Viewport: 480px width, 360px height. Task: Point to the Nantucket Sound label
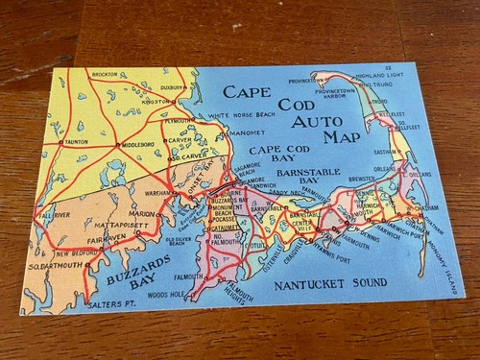330,284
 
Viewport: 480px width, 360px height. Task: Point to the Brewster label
362,179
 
